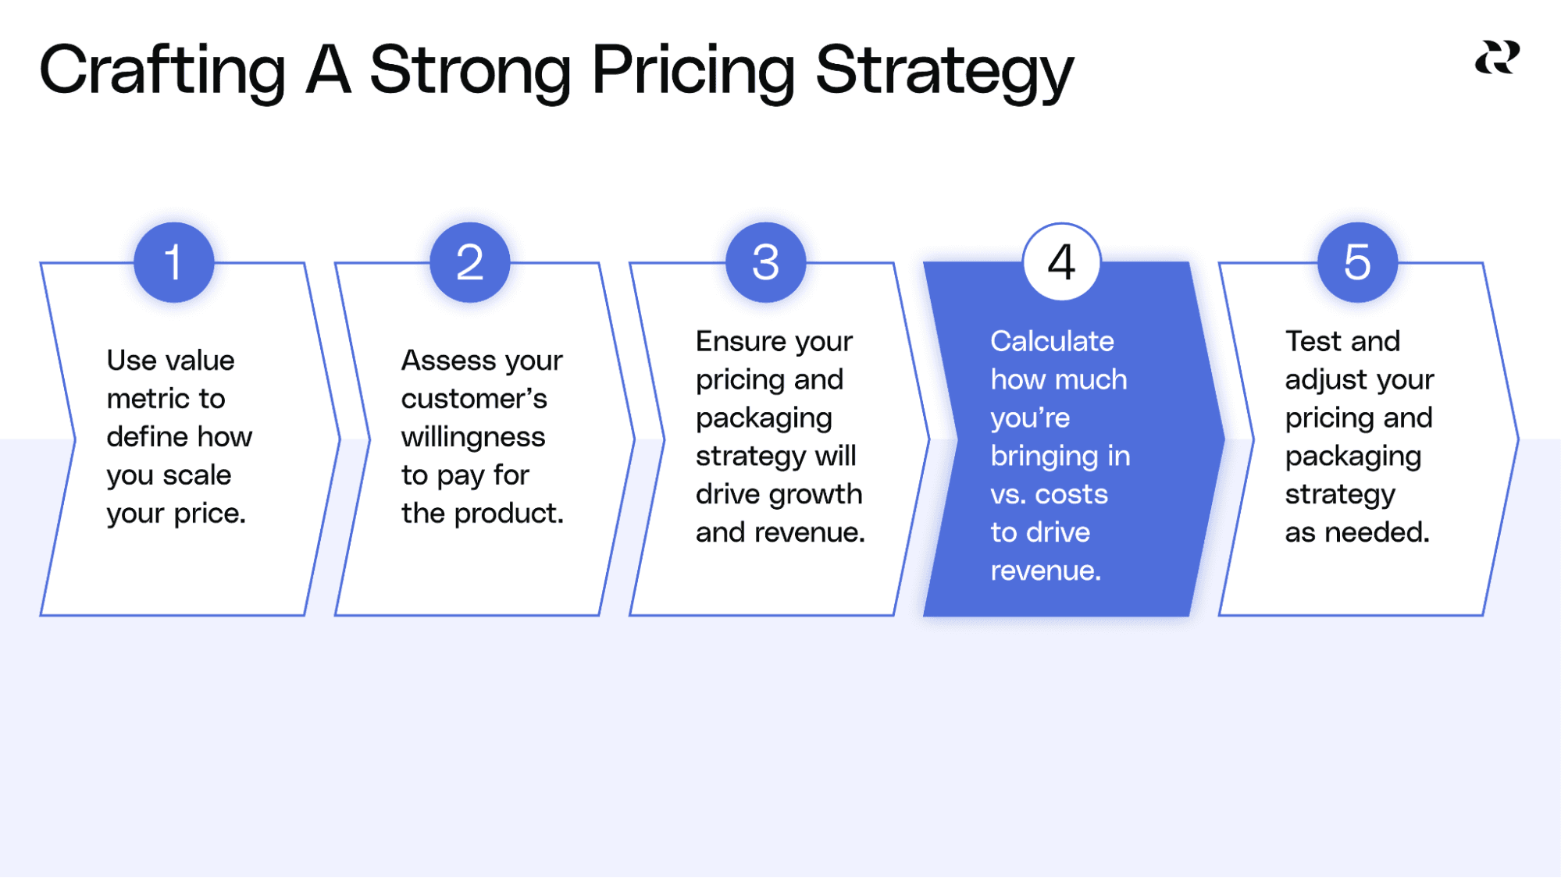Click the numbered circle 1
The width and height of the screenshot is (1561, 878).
[173, 262]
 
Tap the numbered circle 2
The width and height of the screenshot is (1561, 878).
[469, 262]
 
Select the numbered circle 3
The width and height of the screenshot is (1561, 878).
[765, 262]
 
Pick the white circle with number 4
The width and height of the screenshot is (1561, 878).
[1061, 262]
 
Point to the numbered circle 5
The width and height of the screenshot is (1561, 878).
[1357, 262]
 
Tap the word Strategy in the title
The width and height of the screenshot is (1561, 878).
[944, 70]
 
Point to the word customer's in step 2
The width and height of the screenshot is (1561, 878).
[474, 399]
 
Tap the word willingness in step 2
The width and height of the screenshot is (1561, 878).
[473, 437]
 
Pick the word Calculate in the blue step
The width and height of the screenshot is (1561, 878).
[1052, 341]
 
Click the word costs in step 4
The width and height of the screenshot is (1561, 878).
[1071, 494]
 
